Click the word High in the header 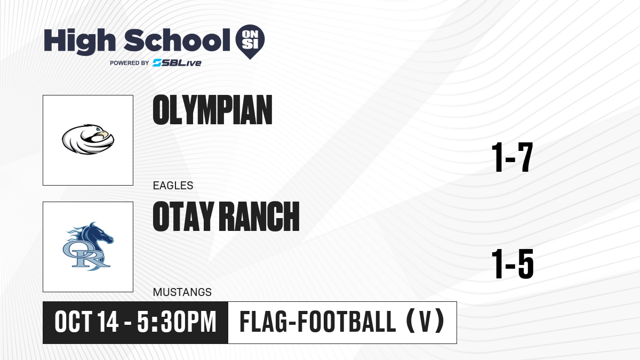click(79, 41)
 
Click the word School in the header click(177, 41)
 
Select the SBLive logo click(177, 63)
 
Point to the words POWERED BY click(130, 63)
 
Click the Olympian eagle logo click(88, 139)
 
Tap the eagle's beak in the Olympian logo click(105, 134)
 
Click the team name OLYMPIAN click(213, 110)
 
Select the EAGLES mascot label click(173, 186)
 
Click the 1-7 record click(512, 157)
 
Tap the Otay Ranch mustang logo click(88, 246)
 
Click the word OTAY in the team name click(183, 217)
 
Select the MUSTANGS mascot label click(182, 292)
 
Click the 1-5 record click(513, 263)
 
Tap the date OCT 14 click(86, 322)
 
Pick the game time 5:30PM click(177, 322)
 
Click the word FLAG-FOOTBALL click(318, 322)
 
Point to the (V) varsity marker click(425, 322)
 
